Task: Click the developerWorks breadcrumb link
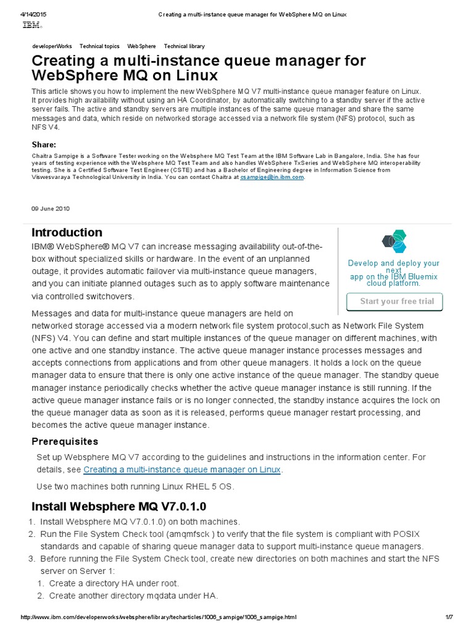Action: pos(52,46)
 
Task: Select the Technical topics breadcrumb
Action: pos(99,46)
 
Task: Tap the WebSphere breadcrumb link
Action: pos(141,46)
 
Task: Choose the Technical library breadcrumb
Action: pos(184,46)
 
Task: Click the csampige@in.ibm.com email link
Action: pos(272,177)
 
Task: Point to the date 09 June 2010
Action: pos(51,209)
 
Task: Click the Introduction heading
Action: pos(67,233)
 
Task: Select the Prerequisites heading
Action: pos(65,442)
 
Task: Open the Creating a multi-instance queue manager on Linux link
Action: pos(182,470)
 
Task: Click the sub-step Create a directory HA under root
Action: pos(114,583)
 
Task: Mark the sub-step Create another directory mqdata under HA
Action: pos(133,596)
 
